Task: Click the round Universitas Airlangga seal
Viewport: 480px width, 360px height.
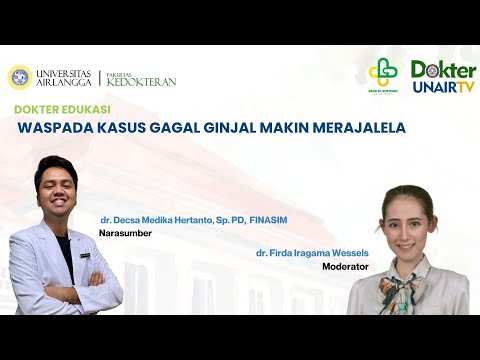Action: coord(19,77)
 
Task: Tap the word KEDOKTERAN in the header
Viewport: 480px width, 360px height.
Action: coord(145,81)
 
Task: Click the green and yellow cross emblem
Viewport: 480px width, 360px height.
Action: coord(382,73)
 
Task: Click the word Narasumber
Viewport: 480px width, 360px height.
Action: coord(123,233)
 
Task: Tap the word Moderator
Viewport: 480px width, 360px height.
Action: coord(345,267)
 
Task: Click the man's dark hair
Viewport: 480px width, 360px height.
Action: coord(55,165)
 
